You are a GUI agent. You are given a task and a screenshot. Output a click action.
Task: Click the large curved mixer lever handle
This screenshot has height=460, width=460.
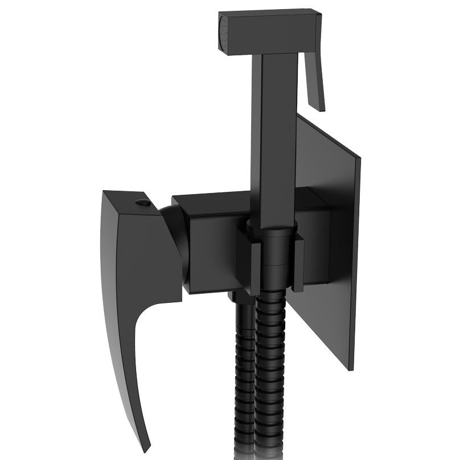pos(137,273)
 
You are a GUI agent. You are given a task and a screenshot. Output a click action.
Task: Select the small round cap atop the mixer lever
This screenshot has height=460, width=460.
pos(143,202)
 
